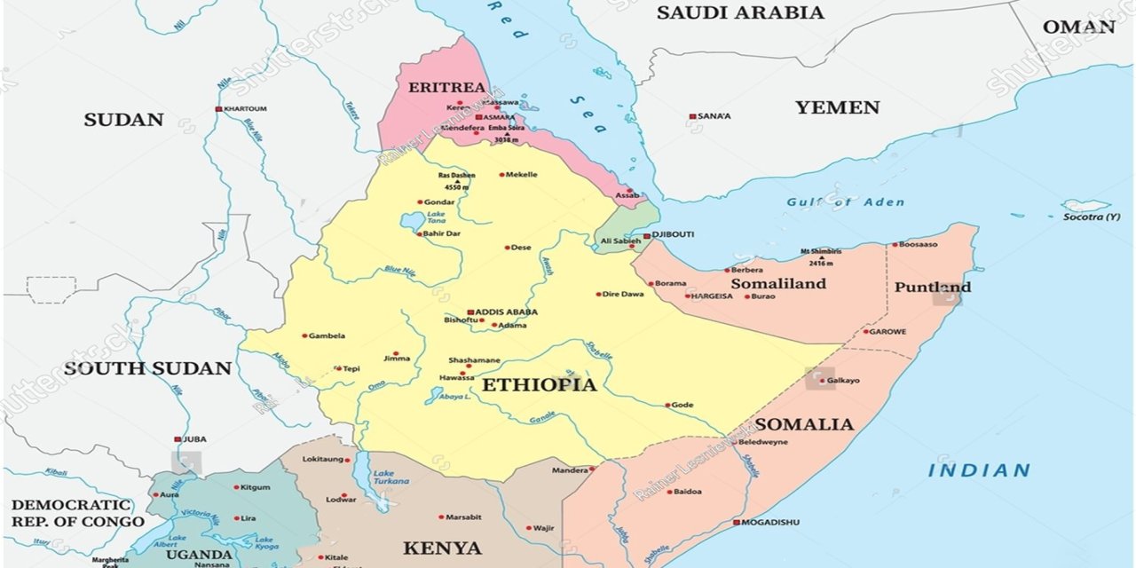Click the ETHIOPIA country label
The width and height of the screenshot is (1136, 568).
pos(539,385)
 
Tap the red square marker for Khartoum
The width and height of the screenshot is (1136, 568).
pos(218,109)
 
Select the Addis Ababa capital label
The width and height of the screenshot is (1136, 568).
pos(507,312)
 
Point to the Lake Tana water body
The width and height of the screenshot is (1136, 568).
pos(411,221)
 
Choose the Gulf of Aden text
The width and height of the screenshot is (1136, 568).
pos(845,202)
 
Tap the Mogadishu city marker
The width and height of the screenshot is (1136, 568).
pos(736,523)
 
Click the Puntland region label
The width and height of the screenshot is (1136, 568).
pos(932,287)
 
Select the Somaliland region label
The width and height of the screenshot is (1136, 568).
pos(777,283)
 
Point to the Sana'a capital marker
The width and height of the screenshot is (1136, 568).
pos(693,116)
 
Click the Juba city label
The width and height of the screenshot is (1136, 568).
pos(194,439)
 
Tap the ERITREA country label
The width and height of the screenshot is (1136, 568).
pos(446,87)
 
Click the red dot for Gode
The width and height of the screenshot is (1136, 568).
pos(667,406)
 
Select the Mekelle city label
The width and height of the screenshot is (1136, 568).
pos(522,175)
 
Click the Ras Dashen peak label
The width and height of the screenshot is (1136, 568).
pos(457,176)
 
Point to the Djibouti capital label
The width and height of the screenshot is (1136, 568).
pos(674,234)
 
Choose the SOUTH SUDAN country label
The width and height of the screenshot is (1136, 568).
pos(147,368)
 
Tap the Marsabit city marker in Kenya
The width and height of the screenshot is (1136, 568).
pos(440,517)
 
